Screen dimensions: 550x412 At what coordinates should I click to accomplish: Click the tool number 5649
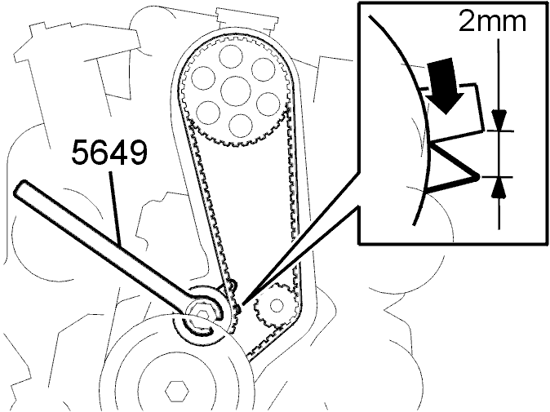tap(109, 152)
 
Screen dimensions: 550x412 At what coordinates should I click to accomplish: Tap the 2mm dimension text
tap(492, 22)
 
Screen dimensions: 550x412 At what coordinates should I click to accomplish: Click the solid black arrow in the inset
tap(442, 86)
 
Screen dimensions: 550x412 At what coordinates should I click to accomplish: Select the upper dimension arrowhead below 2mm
tap(499, 121)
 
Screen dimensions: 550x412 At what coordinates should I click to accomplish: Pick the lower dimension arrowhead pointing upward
tap(499, 188)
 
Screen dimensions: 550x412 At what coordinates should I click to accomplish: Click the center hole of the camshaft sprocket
tap(236, 91)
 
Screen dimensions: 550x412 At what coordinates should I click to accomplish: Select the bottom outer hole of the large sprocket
tap(241, 126)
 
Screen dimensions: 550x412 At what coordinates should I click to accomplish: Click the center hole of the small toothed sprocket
tap(277, 305)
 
